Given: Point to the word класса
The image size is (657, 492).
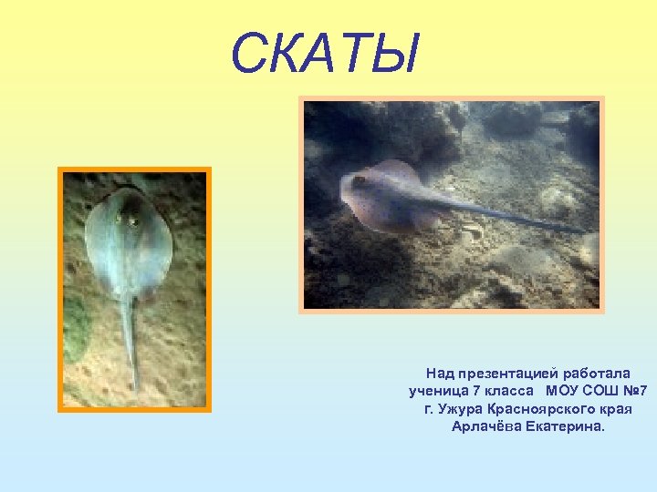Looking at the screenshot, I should pyautogui.click(x=506, y=391).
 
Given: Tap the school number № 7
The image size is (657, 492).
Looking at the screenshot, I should pyautogui.click(x=635, y=391).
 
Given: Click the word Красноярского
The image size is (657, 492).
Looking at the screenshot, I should pyautogui.click(x=541, y=408).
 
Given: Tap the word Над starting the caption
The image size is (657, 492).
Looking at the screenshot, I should pyautogui.click(x=439, y=374).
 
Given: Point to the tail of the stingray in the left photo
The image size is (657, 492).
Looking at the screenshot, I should pyautogui.click(x=129, y=337).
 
